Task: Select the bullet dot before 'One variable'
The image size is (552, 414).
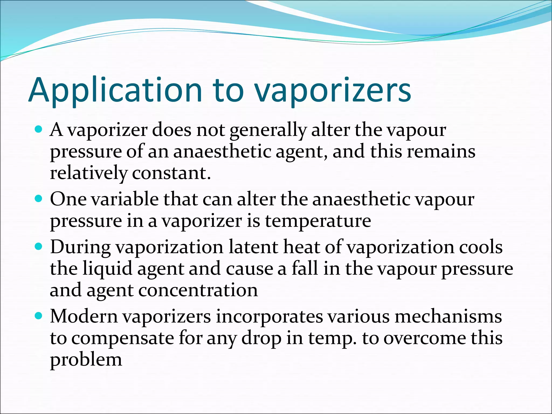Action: pyautogui.click(x=39, y=199)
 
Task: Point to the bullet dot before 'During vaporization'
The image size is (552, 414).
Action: pyautogui.click(x=39, y=247)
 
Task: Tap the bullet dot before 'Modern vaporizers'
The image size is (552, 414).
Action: pyautogui.click(x=39, y=316)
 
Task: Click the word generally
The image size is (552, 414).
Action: pyautogui.click(x=268, y=130)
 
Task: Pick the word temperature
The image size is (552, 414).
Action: pyautogui.click(x=318, y=221)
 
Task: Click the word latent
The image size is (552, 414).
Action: pyautogui.click(x=253, y=247)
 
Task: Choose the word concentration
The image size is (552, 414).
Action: pyautogui.click(x=198, y=290)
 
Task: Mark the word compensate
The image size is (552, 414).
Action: pyautogui.click(x=123, y=339)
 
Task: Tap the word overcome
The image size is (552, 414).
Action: pyautogui.click(x=425, y=338)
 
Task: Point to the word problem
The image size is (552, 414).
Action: pyautogui.click(x=86, y=360)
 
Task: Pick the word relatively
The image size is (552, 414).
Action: pyautogui.click(x=88, y=173)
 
